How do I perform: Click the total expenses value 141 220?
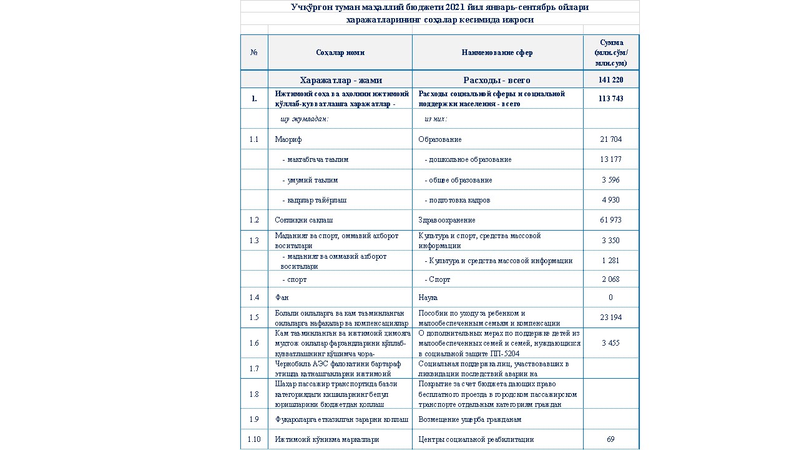(610, 80)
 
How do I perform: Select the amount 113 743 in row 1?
(610, 99)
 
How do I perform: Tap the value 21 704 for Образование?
(610, 139)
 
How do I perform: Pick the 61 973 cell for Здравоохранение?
(610, 220)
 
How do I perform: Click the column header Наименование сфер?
(497, 53)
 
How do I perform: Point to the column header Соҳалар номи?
(340, 53)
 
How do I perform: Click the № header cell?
(254, 53)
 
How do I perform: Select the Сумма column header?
(610, 53)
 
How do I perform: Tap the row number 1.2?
(254, 220)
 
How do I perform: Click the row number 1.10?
(254, 439)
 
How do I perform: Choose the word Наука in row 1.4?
(428, 297)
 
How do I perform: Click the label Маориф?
(288, 139)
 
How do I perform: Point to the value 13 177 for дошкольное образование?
(610, 159)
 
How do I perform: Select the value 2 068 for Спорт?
(610, 279)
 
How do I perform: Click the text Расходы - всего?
(497, 80)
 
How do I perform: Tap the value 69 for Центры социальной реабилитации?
(610, 439)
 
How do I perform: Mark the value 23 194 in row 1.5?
(610, 317)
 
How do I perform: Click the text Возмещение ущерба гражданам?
(469, 419)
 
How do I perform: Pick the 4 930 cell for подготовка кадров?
(610, 200)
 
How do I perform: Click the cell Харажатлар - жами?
(340, 80)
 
